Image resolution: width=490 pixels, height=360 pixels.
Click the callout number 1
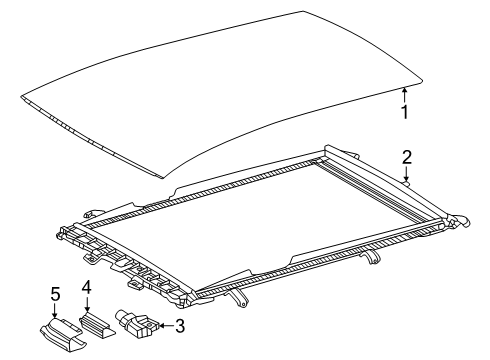(406, 112)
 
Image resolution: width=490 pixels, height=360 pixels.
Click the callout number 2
(407, 157)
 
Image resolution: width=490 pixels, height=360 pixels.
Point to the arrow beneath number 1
(404, 95)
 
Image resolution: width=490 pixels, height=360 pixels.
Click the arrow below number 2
(406, 176)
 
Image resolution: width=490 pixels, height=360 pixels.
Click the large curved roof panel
(220, 90)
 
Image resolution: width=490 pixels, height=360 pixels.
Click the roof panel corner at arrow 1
(402, 86)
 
